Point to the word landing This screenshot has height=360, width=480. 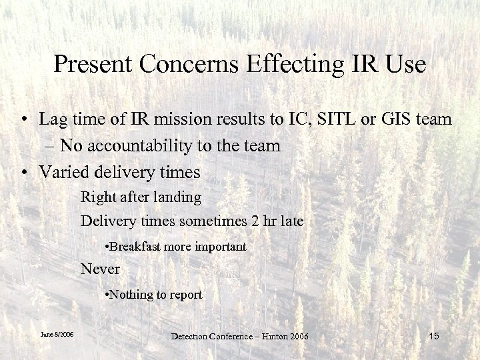point(177,197)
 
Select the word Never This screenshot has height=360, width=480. point(100,269)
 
